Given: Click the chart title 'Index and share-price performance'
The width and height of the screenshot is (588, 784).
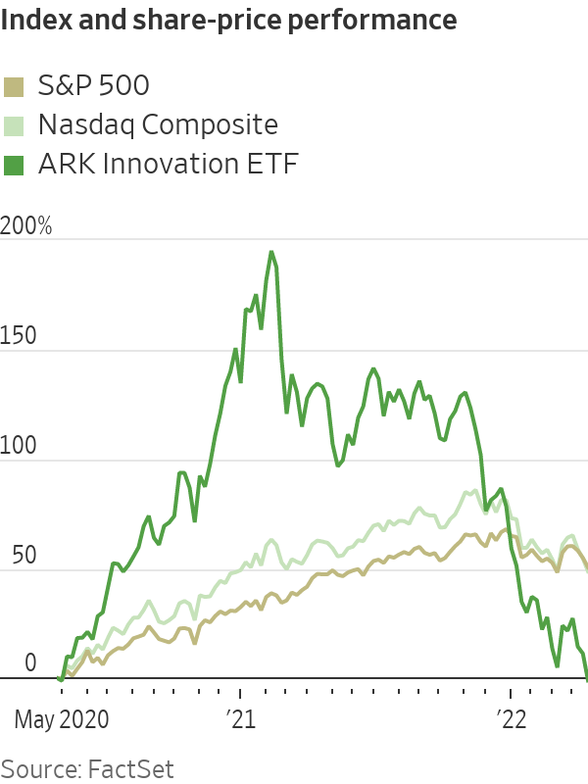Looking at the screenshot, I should point(229,21).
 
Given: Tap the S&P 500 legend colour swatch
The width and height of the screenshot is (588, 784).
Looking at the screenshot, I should point(15,86).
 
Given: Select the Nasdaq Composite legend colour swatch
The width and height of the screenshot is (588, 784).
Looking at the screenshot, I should point(15,125).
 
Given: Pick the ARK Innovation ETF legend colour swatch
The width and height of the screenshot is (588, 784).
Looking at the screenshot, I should point(15,165).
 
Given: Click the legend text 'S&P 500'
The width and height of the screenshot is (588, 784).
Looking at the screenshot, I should point(93,86).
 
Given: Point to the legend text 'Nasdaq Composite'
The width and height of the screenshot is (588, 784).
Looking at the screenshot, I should point(158,125).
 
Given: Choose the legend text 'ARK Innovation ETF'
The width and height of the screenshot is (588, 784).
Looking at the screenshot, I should point(168,165).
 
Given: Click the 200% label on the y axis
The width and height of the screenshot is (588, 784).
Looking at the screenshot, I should point(26,226).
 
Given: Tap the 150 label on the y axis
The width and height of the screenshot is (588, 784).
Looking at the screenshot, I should point(20,336).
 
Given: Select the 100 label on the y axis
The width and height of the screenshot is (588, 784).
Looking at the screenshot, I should point(20,446).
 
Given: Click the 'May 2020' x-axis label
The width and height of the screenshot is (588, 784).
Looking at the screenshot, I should point(62,720).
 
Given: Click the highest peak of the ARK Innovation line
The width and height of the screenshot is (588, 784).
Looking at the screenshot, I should point(271,252).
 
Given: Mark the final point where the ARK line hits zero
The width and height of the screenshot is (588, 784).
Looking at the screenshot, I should point(586,677).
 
